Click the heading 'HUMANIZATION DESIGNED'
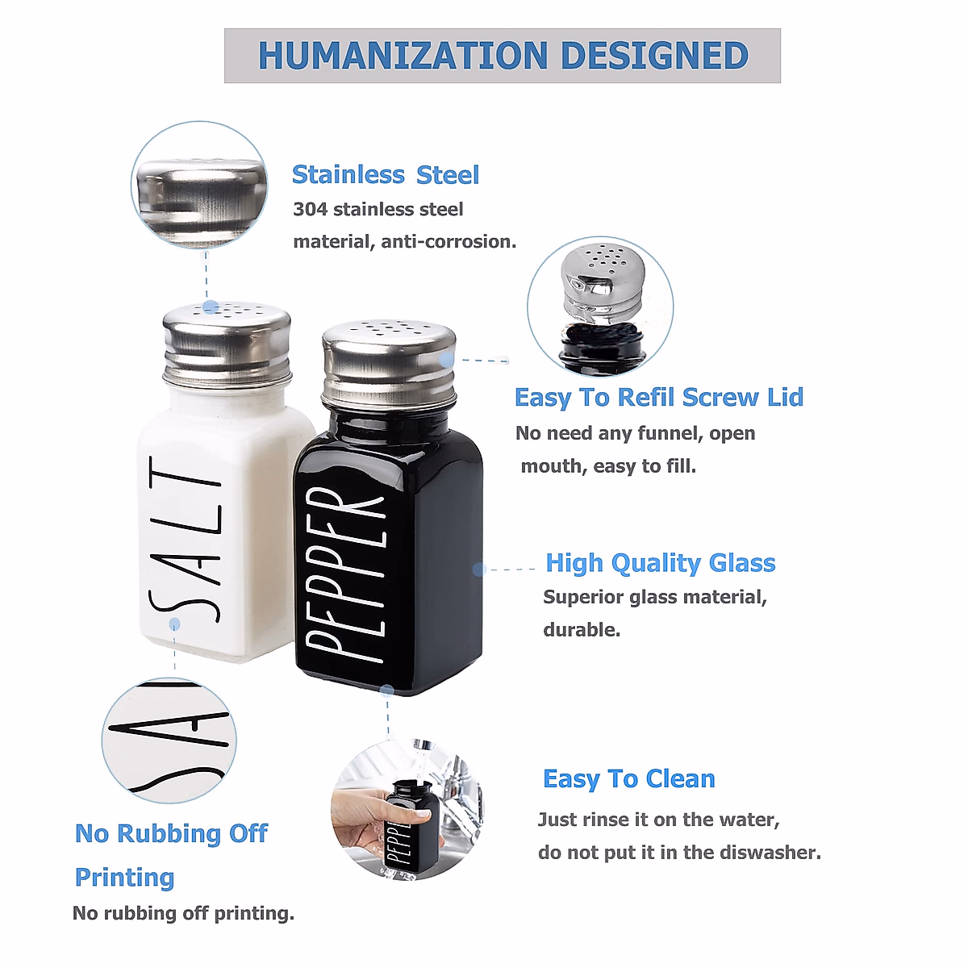coord(503,56)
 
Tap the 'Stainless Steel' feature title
coord(385,175)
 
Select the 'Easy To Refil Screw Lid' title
coord(658,398)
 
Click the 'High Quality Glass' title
coord(660,563)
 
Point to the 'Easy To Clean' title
coord(628,779)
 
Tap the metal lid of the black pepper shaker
coord(388,364)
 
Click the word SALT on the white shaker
coord(186,539)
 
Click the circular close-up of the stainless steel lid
coord(199,186)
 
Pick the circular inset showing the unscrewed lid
coord(600,306)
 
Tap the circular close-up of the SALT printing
coord(169,741)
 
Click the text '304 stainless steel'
coord(378,210)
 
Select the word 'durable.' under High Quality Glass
coord(582,630)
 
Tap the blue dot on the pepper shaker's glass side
coord(478,569)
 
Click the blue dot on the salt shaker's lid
coord(211,307)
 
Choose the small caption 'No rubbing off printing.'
coord(183,913)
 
